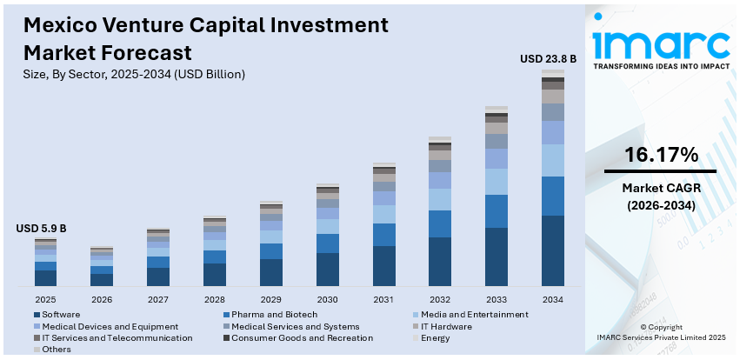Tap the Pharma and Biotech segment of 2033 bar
(496, 211)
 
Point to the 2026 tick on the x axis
(102, 299)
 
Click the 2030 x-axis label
(328, 299)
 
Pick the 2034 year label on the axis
(553, 299)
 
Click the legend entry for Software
(62, 314)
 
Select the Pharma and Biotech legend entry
(270, 314)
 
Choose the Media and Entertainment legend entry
(473, 314)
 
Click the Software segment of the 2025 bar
(46, 277)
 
